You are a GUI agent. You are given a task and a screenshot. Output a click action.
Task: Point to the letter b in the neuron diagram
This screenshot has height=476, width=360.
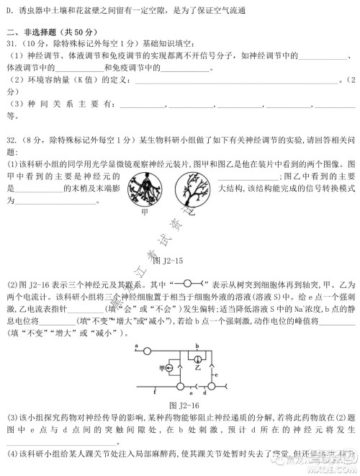197,346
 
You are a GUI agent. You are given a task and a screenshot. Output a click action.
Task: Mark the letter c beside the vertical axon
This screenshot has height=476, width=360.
215,375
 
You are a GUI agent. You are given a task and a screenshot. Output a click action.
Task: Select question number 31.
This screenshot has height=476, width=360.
12,48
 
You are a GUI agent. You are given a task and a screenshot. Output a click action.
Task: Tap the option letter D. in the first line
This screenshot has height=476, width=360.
9,9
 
